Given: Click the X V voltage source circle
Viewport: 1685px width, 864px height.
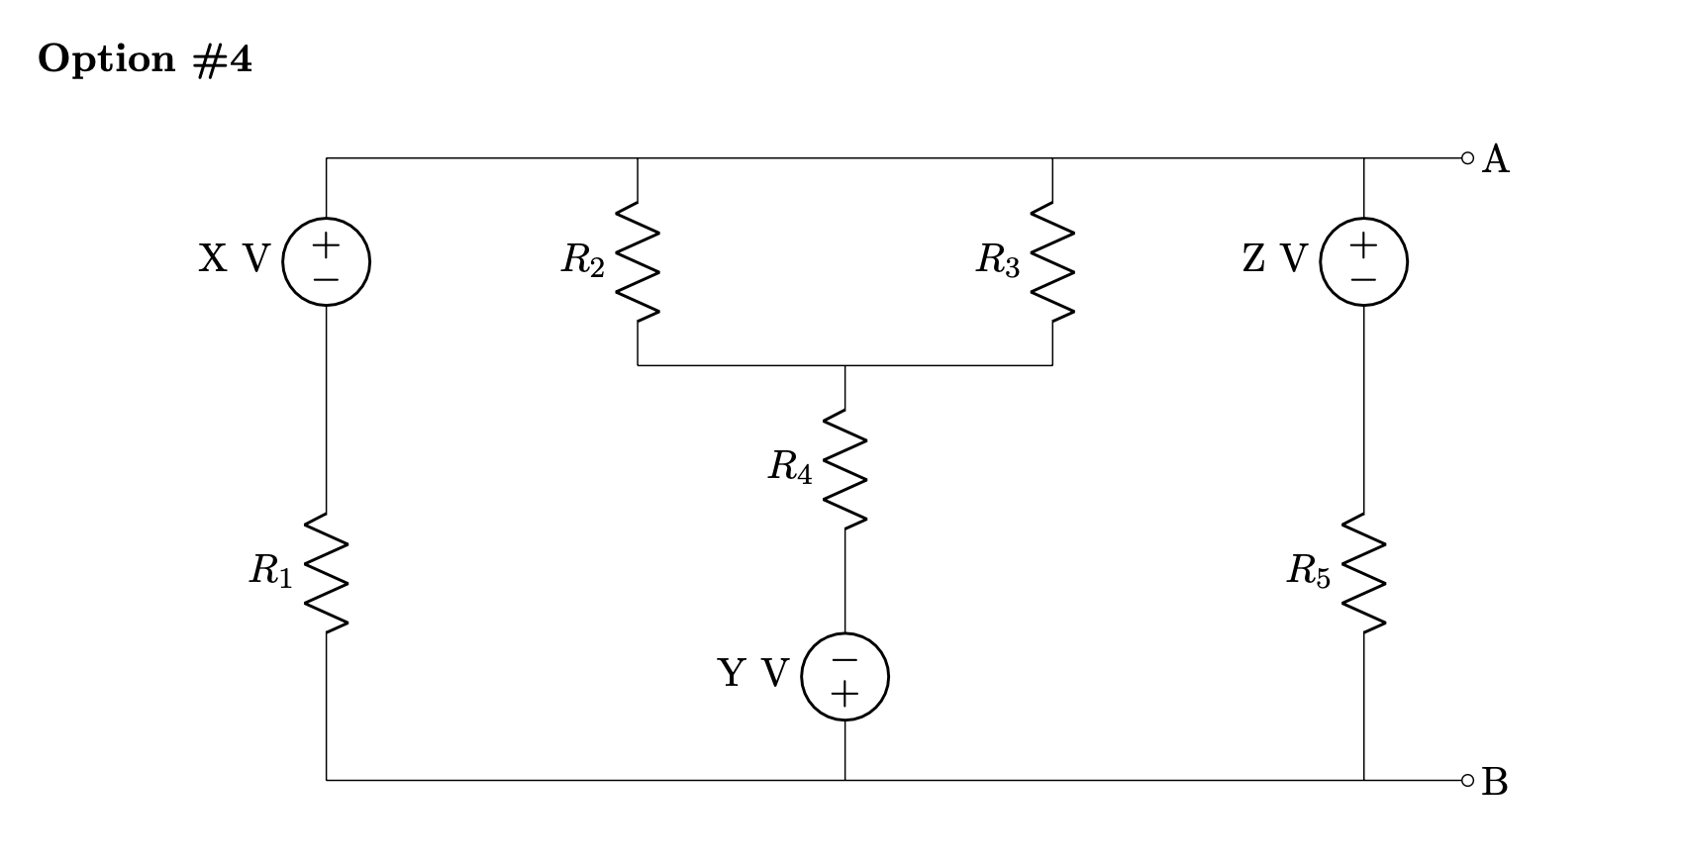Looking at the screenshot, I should (326, 261).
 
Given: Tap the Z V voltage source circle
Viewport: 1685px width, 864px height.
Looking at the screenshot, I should (1363, 261).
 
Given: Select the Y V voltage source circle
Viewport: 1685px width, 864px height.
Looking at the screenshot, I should (844, 676).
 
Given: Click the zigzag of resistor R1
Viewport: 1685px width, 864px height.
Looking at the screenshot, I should (326, 572).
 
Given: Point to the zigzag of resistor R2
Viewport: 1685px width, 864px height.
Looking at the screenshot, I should (638, 261).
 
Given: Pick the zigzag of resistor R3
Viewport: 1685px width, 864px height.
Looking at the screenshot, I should (1052, 261).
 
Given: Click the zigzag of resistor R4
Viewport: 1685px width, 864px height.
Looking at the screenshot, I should (844, 468).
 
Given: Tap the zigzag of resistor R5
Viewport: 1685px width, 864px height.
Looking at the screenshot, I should (1363, 572).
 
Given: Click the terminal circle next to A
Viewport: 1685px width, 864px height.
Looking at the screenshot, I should (1467, 157).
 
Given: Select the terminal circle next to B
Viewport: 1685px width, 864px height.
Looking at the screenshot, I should (1467, 780).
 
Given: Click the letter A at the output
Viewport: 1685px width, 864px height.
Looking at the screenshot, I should (1495, 159).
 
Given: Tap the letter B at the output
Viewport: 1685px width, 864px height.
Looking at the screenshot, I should (1495, 782).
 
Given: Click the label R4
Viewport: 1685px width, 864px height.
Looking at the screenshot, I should (790, 467).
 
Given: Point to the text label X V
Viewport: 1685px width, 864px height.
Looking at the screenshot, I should (234, 259).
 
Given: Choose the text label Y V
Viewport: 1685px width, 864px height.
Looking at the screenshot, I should (752, 674).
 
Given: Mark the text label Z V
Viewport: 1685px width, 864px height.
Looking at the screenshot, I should (1274, 259).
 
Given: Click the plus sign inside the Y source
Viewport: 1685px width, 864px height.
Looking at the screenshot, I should (844, 695).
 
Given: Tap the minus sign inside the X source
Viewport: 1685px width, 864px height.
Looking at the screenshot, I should (326, 280).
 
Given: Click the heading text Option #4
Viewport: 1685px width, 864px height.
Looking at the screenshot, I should (146, 59).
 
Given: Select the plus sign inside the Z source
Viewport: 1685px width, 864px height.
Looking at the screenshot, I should (1363, 243).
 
